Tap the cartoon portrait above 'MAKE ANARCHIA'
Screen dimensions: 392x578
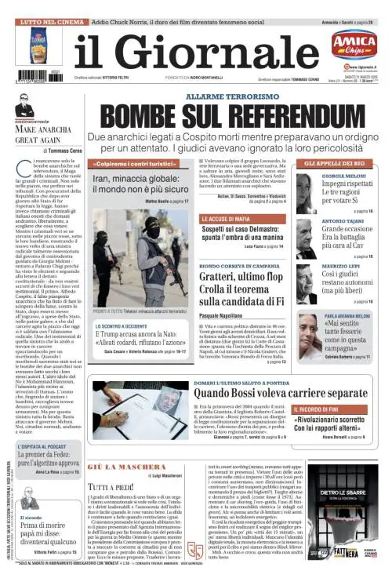pyautogui.click(x=25, y=106)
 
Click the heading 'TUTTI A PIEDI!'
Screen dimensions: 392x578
pyautogui.click(x=112, y=486)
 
